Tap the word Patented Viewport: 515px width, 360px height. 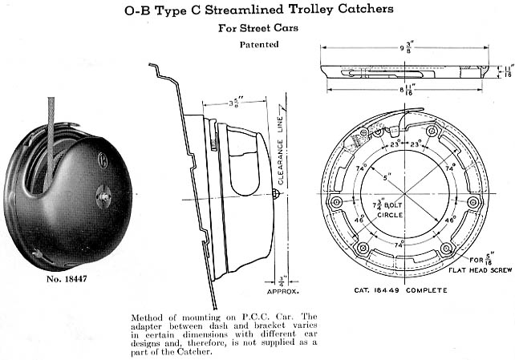[x=259, y=45]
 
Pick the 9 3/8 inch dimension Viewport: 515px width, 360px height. [x=405, y=47]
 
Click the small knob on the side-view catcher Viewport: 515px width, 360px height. [x=276, y=194]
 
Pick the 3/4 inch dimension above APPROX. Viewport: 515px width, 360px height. [x=284, y=280]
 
